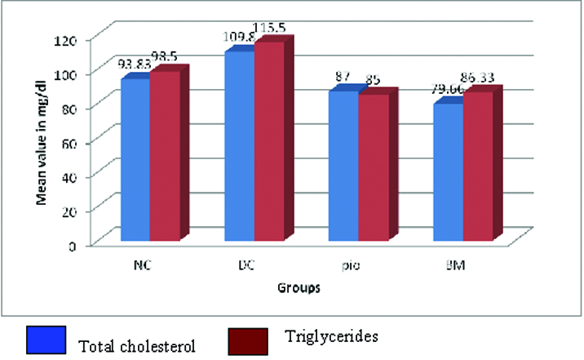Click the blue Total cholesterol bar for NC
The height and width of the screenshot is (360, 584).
(135, 159)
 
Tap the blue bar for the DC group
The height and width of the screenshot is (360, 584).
(239, 147)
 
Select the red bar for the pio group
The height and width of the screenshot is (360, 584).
(373, 168)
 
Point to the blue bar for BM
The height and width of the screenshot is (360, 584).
(447, 173)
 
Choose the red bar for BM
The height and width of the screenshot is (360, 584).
(477, 167)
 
